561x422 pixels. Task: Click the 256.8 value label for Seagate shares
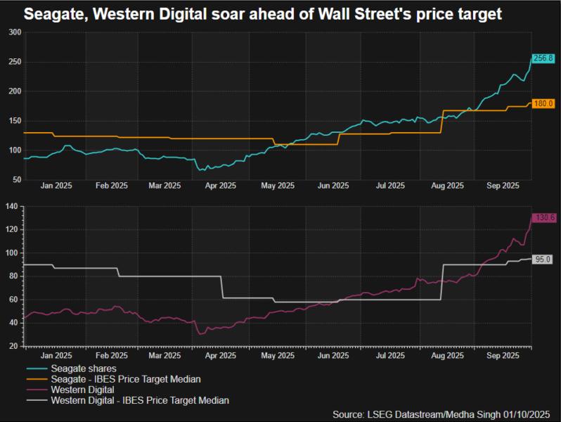543,58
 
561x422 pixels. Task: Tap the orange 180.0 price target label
543,103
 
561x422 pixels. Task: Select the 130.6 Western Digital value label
543,217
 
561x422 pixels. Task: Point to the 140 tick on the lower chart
13,206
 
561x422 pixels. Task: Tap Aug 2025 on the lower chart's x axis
446,356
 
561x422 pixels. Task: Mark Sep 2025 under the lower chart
502,356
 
